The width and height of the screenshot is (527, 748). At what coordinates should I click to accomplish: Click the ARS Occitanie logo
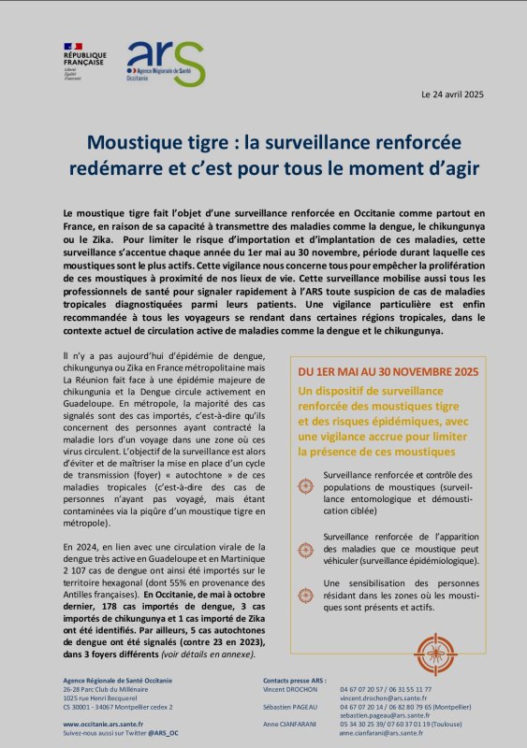[x=165, y=64]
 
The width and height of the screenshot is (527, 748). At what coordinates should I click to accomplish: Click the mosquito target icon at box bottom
[x=434, y=654]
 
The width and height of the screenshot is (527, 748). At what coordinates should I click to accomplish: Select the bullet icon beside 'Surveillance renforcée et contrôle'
[x=304, y=486]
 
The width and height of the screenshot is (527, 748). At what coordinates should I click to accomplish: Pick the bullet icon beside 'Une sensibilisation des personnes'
[x=304, y=594]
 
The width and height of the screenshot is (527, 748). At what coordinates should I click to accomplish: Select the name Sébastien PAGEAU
[x=293, y=707]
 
